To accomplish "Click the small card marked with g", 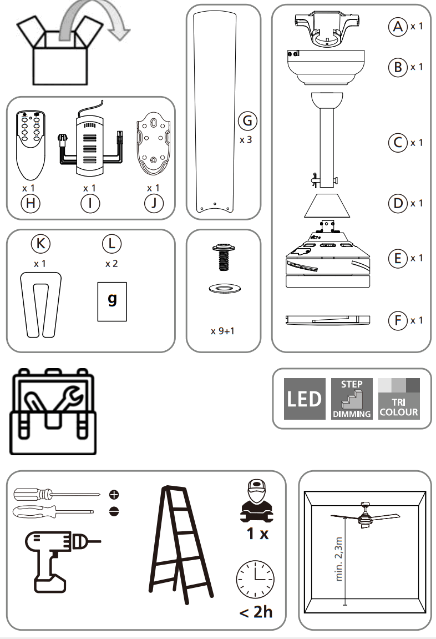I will pos(112,301).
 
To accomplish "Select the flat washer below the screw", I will pos(224,289).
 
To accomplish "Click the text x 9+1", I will pos(224,331).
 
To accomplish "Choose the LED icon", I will pos(305,399).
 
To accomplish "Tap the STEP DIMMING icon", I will pos(352,399).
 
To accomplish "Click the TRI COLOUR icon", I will pos(398,399).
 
